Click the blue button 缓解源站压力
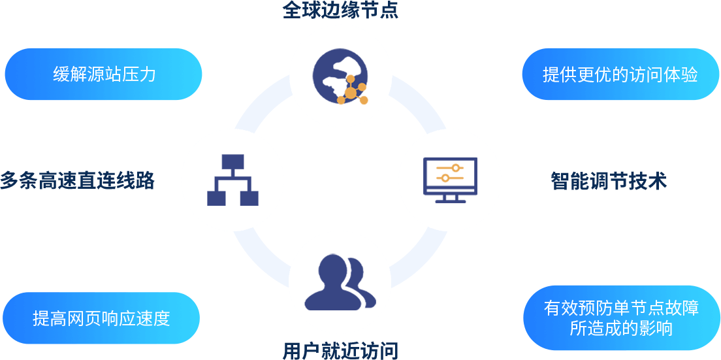pos(103,74)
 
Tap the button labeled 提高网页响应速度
pos(101,318)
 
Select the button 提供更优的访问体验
pos(620,74)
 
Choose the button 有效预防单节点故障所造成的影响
pos(621,318)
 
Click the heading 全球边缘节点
pos(340,10)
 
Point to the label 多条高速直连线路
pos(78,181)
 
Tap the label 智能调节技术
pos(609,181)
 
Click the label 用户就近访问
pos(340,352)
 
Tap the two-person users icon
pos(340,282)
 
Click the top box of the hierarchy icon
pos(232,162)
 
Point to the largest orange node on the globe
pos(351,93)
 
